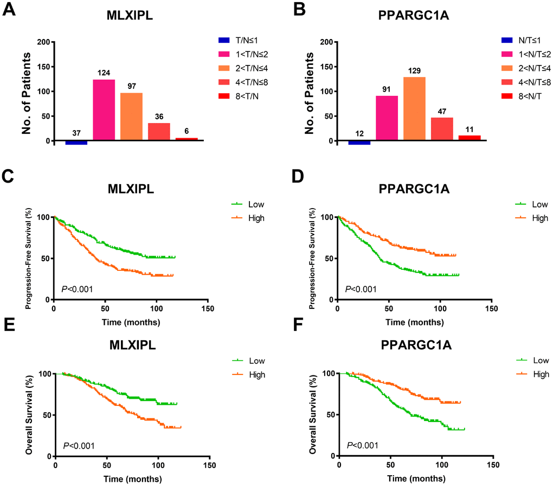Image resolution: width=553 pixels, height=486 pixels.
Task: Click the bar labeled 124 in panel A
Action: (104, 110)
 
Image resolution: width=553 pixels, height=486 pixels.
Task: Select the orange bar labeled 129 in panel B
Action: (414, 109)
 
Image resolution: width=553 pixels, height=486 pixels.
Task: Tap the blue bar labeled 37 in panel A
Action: (76, 142)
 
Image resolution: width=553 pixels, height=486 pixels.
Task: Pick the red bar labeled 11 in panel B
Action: (470, 138)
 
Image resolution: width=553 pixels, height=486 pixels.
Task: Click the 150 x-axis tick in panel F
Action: (493, 465)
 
